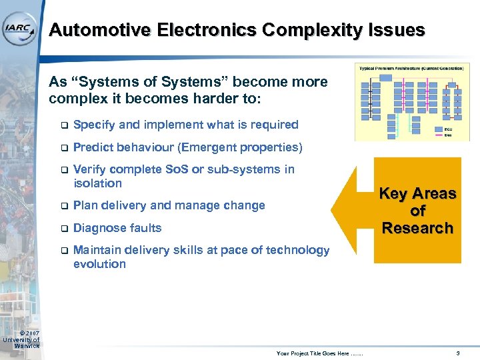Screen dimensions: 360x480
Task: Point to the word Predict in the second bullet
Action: (92, 147)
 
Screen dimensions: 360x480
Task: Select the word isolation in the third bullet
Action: (97, 183)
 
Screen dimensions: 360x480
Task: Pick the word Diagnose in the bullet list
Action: (99, 228)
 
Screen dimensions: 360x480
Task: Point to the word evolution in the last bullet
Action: (99, 264)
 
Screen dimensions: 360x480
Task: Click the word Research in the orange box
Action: (417, 228)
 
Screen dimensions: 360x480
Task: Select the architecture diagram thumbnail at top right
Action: (411, 102)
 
